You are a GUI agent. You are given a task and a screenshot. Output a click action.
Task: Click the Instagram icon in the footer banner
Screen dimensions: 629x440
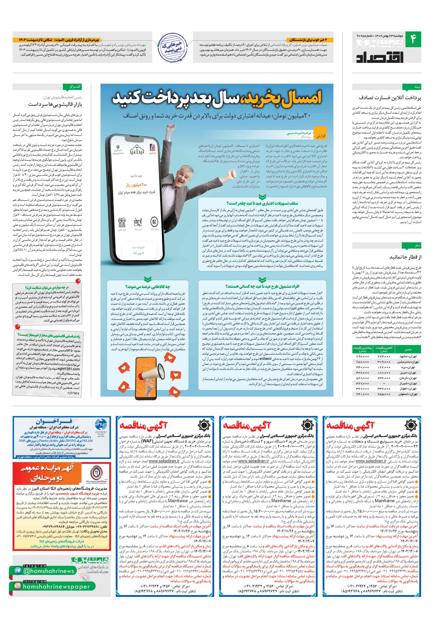point(18,586)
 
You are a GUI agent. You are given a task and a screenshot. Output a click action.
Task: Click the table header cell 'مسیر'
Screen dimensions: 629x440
point(408,349)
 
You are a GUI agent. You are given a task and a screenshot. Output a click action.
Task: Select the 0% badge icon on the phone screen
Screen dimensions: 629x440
point(154,221)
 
